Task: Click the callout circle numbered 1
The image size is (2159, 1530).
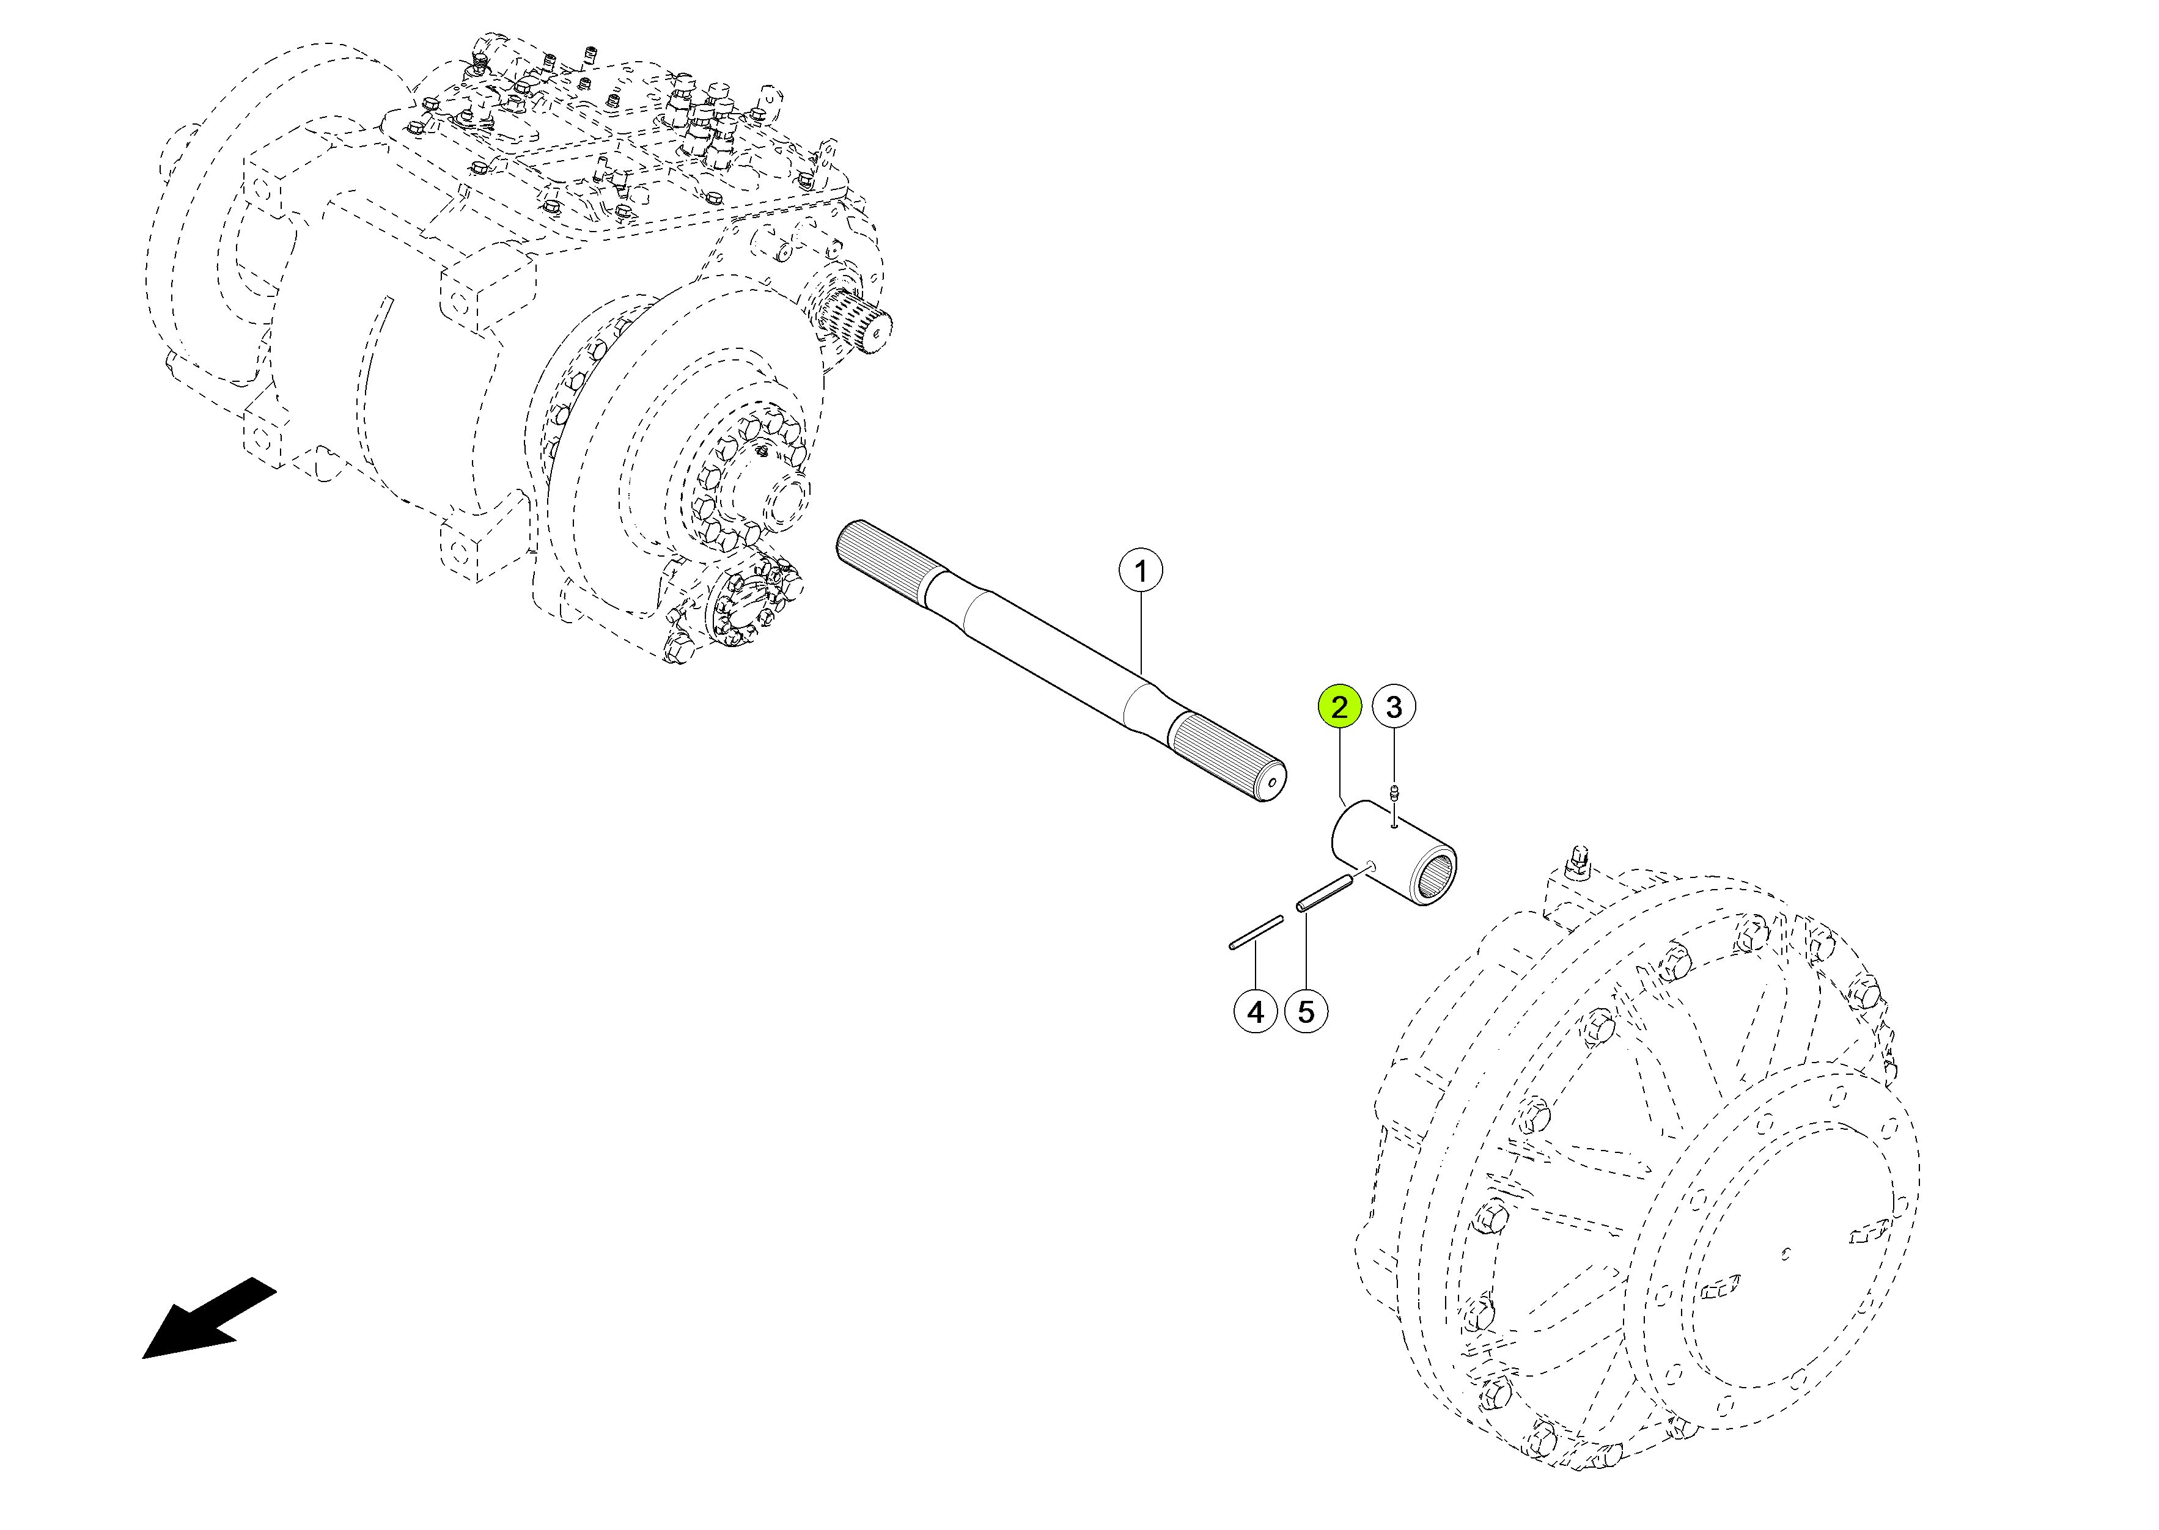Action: [1140, 571]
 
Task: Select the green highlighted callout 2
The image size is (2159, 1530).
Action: [1339, 706]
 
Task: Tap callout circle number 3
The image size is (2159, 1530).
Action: [1394, 706]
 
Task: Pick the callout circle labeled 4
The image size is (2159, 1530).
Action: [1256, 1012]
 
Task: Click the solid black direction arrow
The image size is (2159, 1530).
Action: [209, 1319]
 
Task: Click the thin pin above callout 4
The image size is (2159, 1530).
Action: [1256, 932]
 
